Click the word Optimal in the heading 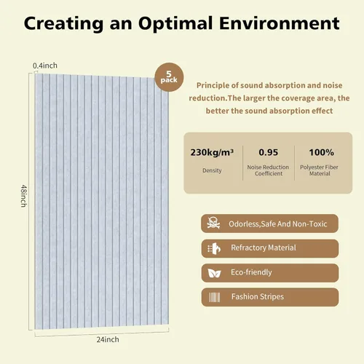click(x=175, y=24)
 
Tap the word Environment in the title click(x=279, y=23)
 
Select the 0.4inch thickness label click(x=45, y=66)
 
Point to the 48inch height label click(x=23, y=196)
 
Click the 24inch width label click(x=108, y=339)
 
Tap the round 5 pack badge click(x=169, y=77)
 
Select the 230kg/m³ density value click(x=212, y=152)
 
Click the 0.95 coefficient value click(x=269, y=152)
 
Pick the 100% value click(x=321, y=152)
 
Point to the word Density click(x=212, y=170)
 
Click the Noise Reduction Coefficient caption click(x=268, y=170)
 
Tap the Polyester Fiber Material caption click(x=319, y=170)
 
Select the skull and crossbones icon click(x=213, y=223)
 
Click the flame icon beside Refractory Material click(x=214, y=248)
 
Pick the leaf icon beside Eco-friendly click(x=214, y=273)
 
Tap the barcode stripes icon click(x=215, y=297)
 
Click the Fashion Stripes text click(x=258, y=297)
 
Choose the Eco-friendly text click(x=251, y=272)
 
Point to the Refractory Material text click(x=264, y=248)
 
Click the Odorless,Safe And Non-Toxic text click(x=278, y=223)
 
